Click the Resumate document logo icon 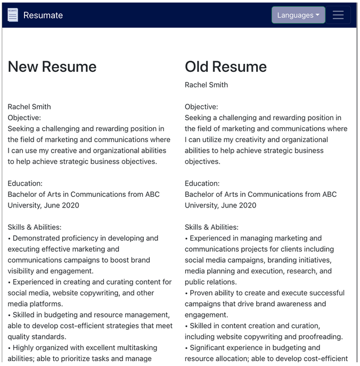point(13,15)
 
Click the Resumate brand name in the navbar point(43,15)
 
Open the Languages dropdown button point(298,15)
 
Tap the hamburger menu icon point(338,15)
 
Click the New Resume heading point(52,66)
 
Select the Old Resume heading point(226,66)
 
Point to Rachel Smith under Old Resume point(206,85)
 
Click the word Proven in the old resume point(203,293)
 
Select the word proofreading point(320,337)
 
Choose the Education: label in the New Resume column point(25,184)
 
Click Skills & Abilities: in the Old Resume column point(211,227)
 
